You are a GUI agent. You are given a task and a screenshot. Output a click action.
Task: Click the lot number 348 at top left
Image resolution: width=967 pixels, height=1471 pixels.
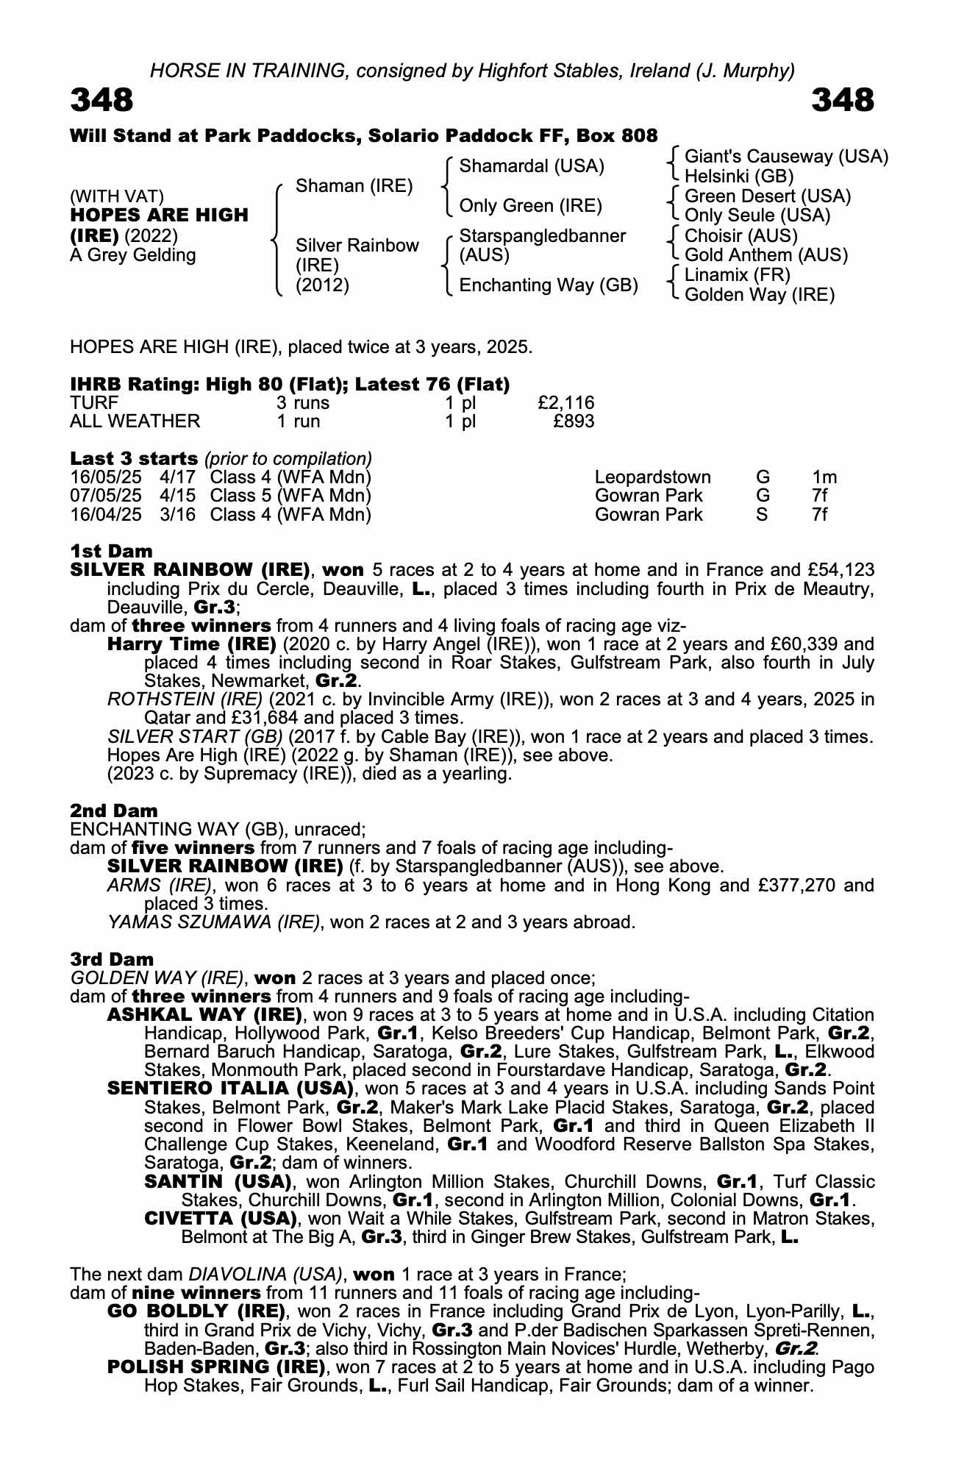(x=101, y=100)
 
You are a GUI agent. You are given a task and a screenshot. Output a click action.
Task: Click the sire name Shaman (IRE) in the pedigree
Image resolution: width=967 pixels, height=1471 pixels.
(x=354, y=186)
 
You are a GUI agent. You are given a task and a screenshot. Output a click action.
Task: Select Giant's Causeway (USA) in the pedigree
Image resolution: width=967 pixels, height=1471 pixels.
(x=786, y=157)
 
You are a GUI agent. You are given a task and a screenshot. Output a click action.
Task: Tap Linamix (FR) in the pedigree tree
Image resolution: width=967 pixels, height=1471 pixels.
(x=737, y=275)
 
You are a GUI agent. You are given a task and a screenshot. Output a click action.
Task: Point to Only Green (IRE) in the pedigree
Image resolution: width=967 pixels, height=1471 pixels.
(x=530, y=206)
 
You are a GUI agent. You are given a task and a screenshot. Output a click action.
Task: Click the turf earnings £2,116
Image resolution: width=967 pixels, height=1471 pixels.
(x=565, y=403)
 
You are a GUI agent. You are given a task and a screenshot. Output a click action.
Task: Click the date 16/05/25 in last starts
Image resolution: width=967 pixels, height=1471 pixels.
(x=105, y=477)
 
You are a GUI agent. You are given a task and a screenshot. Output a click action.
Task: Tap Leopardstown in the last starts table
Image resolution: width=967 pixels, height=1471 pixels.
(x=652, y=477)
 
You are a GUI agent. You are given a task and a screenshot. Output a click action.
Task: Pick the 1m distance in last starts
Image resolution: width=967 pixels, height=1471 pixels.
(x=824, y=477)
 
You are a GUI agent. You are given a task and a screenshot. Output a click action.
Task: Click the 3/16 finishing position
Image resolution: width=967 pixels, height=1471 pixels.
(x=178, y=514)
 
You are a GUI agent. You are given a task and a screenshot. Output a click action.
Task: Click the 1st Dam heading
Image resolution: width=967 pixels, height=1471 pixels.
(x=111, y=551)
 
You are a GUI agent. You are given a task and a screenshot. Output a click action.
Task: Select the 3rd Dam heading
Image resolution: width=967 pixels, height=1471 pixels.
(x=112, y=959)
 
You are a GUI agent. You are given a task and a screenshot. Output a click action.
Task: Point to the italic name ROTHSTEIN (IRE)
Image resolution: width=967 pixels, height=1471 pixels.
(x=185, y=699)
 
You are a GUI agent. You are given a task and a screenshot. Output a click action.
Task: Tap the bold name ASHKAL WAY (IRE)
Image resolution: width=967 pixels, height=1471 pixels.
(x=204, y=1015)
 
